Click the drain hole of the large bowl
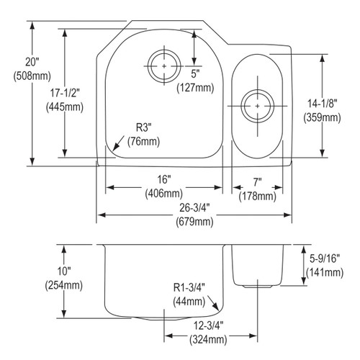[164, 66]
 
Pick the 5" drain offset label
[195, 73]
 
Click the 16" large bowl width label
[163, 179]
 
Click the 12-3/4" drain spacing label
[209, 323]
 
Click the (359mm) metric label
[322, 117]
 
